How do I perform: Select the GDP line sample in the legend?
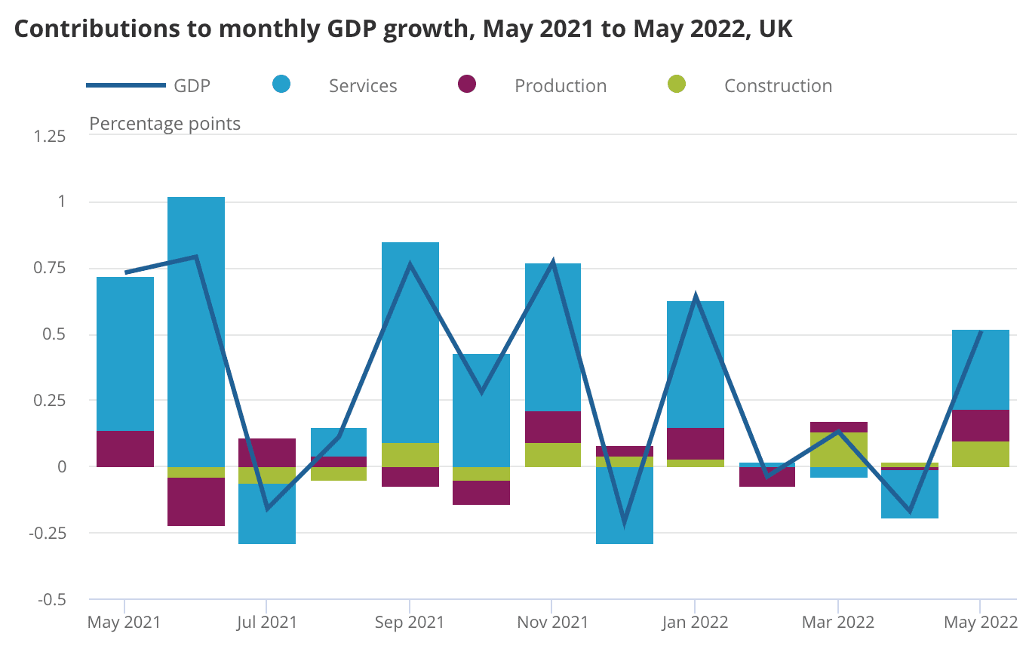[x=126, y=85]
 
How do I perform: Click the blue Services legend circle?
[x=281, y=85]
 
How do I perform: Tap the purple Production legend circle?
[x=468, y=85]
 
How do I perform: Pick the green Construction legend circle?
[x=677, y=85]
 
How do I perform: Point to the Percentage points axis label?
[x=164, y=123]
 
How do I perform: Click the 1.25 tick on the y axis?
[x=51, y=137]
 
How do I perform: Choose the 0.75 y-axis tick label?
[x=51, y=269]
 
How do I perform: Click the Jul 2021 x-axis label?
[x=267, y=623]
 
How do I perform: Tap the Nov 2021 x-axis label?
[x=553, y=623]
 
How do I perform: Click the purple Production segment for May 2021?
[x=125, y=449]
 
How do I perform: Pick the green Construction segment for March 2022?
[x=838, y=450]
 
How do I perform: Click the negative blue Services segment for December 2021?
[x=624, y=506]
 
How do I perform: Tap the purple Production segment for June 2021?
[x=196, y=502]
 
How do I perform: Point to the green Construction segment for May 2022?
[x=981, y=454]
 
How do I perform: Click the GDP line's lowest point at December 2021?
[x=624, y=522]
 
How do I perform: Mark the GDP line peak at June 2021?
[x=196, y=257]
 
